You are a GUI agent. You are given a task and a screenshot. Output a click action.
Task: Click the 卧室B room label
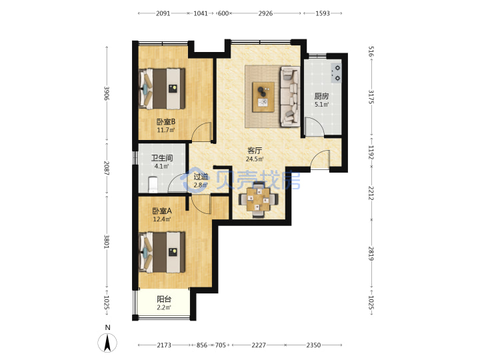tap(166, 122)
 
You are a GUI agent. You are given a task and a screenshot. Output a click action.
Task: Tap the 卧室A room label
tap(162, 211)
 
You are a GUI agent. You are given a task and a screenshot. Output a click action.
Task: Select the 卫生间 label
tap(162, 158)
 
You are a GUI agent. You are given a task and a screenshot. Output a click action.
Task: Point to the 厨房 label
tap(321, 96)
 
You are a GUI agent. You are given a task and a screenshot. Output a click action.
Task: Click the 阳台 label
tap(164, 299)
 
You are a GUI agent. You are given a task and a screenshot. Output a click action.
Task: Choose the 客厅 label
tap(255, 151)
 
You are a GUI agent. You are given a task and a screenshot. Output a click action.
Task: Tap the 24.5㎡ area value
tap(255, 159)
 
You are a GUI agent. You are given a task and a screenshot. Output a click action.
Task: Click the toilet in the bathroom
tap(153, 184)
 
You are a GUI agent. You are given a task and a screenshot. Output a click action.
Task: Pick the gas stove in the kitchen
tap(337, 73)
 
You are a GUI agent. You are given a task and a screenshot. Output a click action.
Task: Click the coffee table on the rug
tap(263, 97)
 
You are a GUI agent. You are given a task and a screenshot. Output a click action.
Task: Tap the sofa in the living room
tap(290, 97)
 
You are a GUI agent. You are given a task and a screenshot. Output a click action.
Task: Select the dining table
tap(259, 199)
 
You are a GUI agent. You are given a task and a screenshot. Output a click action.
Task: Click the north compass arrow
tap(107, 343)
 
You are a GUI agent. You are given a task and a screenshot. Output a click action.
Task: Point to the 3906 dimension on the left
tap(107, 93)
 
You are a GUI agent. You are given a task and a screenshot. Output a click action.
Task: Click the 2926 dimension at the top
tap(265, 13)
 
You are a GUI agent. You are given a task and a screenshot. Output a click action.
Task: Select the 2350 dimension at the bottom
tap(313, 345)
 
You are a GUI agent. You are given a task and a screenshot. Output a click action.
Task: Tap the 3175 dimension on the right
tap(371, 97)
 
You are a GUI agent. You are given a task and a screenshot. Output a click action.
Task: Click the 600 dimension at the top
tap(224, 13)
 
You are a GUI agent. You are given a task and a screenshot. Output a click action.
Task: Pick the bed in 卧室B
tap(162, 89)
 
